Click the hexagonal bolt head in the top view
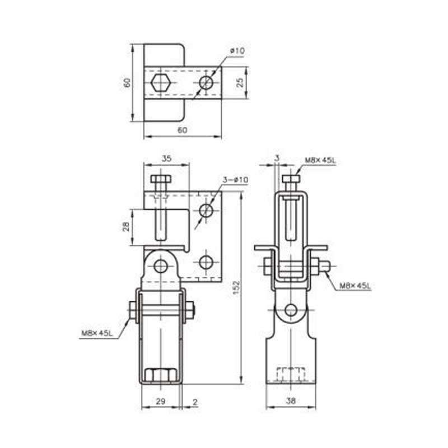click(x=161, y=83)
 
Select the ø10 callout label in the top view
click(x=237, y=51)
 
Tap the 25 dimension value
click(x=240, y=82)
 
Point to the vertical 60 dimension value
click(x=127, y=82)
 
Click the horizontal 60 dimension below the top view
click(x=183, y=130)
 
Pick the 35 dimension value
click(x=166, y=158)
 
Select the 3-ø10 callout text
click(x=235, y=180)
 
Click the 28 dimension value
click(x=127, y=227)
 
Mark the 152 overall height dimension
click(x=236, y=288)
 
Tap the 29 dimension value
click(x=161, y=401)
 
